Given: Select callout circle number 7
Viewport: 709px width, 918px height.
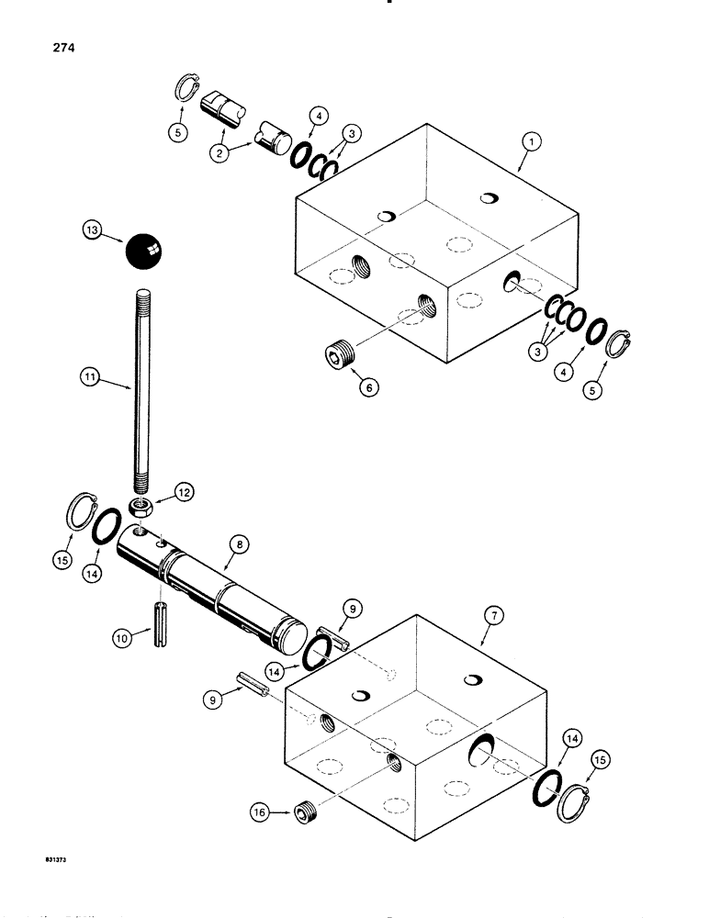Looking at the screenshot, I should pyautogui.click(x=491, y=616).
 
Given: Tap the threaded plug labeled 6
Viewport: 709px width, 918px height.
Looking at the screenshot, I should pyautogui.click(x=341, y=354).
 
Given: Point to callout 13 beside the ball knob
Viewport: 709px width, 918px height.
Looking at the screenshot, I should pyautogui.click(x=93, y=234).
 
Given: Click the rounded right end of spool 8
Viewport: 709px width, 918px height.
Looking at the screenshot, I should pyautogui.click(x=292, y=635).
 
